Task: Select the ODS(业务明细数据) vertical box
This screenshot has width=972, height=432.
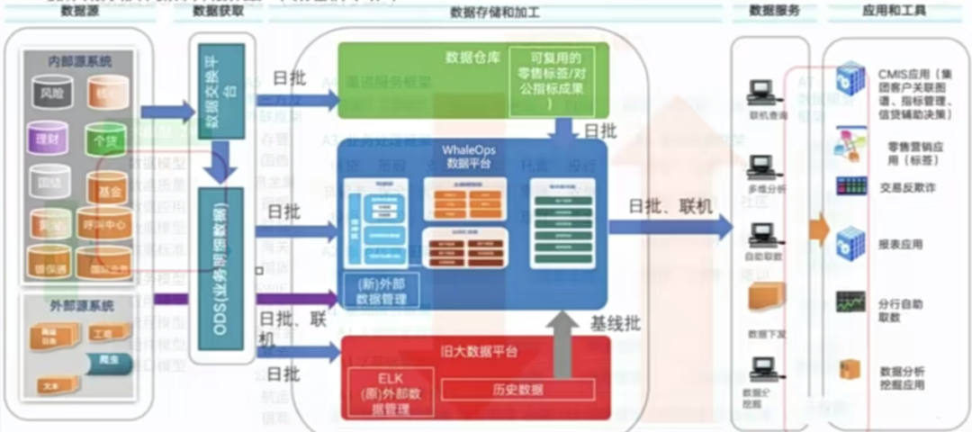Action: (x=216, y=274)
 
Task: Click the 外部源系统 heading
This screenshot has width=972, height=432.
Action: (x=81, y=306)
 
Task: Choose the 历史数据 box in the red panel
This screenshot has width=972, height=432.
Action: (x=517, y=388)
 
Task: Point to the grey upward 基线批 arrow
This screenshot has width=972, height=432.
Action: (x=564, y=346)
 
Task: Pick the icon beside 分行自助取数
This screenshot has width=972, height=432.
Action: (x=850, y=301)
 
